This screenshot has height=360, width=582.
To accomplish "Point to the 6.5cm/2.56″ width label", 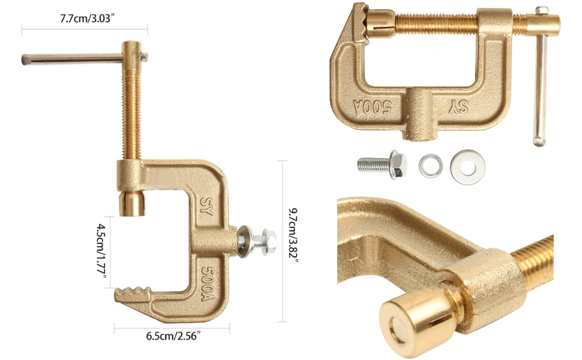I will (172, 335).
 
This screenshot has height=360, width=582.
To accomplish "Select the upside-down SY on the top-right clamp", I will (464, 107).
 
